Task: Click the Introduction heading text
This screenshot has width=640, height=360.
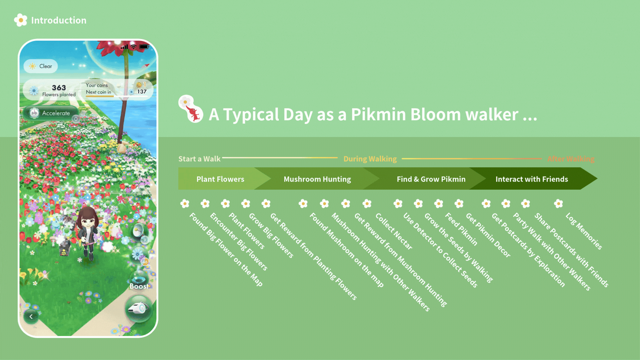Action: pos(59,20)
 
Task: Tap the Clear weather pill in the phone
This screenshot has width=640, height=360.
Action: pos(41,66)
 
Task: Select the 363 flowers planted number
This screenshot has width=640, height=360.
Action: pos(59,88)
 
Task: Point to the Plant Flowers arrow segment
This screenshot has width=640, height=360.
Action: pos(220,179)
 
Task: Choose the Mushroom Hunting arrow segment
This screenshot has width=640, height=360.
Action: pos(317,179)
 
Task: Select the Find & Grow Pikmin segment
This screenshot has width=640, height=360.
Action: pos(431,179)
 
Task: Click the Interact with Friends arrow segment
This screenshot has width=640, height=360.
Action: pos(531,179)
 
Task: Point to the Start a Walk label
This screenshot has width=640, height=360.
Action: pos(199,159)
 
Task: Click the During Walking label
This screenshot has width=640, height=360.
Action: pos(370,159)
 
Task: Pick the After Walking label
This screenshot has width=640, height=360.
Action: pos(571,159)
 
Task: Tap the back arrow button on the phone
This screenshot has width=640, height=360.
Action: pos(31,316)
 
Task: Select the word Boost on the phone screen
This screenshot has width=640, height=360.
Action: pos(139,286)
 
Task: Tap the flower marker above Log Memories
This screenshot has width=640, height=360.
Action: pos(558,203)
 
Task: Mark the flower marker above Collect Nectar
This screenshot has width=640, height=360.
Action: pos(367,203)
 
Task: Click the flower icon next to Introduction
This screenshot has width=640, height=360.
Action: pos(21,20)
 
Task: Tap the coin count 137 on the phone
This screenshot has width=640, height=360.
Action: pos(142,92)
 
